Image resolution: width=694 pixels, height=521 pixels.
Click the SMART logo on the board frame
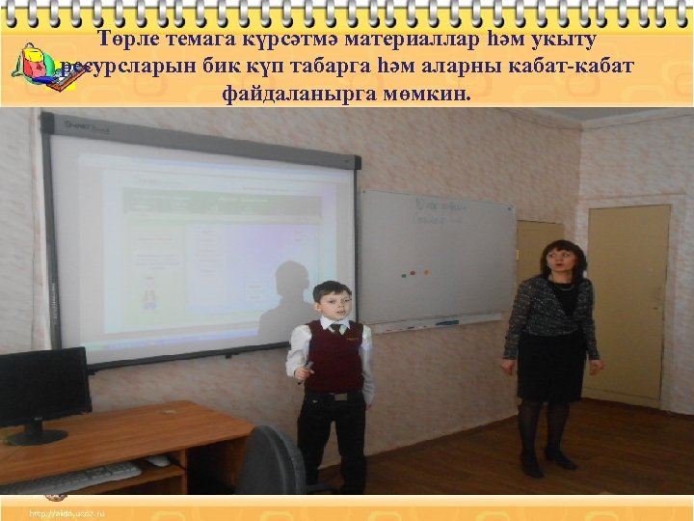point(78,125)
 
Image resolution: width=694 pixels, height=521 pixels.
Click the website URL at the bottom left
point(67,511)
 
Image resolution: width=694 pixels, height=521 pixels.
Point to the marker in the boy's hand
point(306,367)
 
